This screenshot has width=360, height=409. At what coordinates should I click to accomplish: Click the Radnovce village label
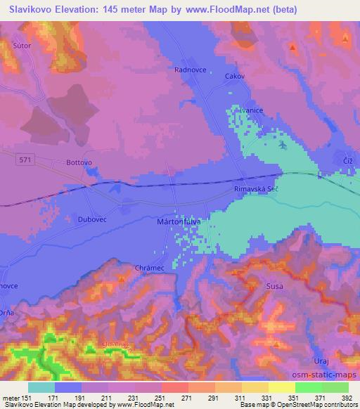[x=188, y=70]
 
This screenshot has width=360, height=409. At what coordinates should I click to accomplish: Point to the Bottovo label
[x=79, y=162]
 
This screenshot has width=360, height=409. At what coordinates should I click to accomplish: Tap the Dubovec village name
[x=91, y=219]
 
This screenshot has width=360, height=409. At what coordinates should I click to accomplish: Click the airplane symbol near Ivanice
[x=283, y=145]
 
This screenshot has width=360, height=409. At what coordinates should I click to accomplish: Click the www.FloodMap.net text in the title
[x=223, y=9]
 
